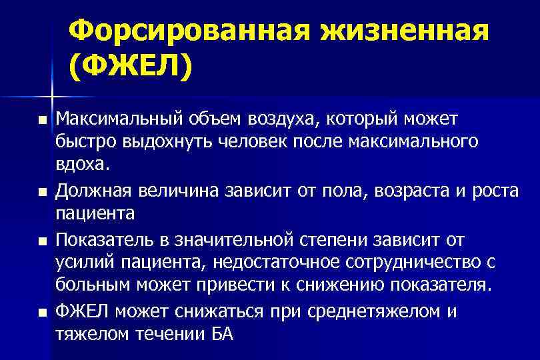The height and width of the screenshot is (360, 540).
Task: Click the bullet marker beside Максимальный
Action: [43, 121]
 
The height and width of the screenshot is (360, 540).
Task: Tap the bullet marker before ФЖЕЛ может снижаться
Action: [43, 312]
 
